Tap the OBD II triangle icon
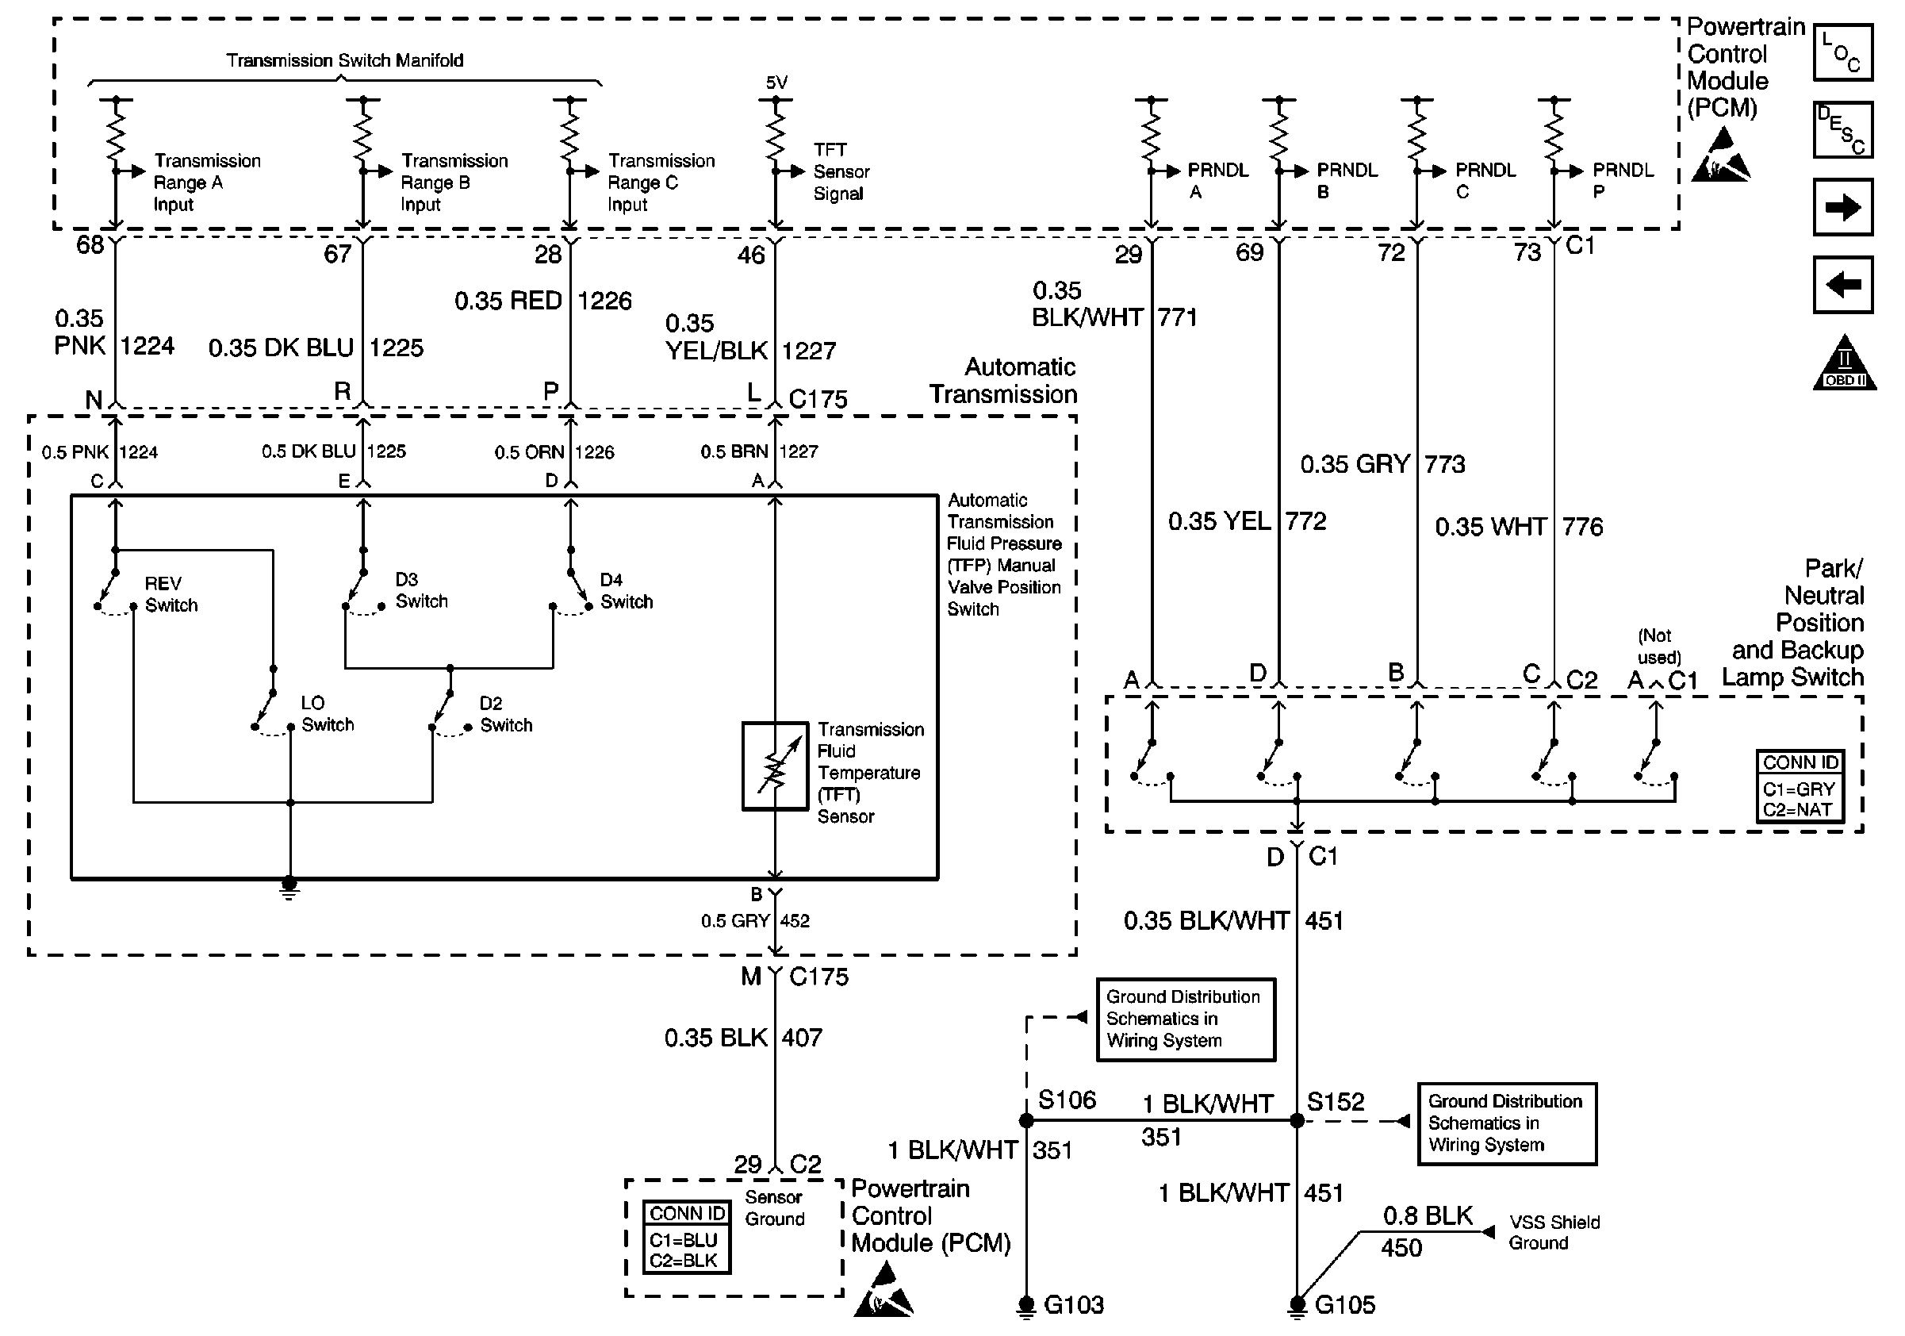1844,363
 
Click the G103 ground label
1074,1305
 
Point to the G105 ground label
1345,1305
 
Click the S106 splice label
1067,1100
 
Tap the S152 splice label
1335,1102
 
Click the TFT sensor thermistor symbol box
774,766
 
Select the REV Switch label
171,594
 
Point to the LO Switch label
327,714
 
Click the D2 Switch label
505,715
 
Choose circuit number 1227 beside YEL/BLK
809,351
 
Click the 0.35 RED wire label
508,301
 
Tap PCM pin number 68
90,246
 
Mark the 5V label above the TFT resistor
776,83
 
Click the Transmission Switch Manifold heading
344,60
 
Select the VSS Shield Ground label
1553,1232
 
